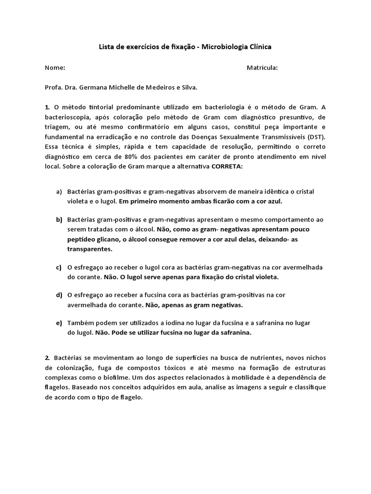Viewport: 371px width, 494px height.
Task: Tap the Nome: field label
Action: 55,68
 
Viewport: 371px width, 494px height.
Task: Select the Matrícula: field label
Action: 262,68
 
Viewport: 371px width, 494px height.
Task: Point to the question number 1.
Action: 47,107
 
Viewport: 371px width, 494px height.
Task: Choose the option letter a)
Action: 59,192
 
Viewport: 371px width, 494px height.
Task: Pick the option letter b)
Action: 59,220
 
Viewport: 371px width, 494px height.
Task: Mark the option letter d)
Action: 59,295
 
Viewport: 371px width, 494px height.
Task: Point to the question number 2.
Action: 47,357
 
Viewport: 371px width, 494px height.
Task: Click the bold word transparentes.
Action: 89,249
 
